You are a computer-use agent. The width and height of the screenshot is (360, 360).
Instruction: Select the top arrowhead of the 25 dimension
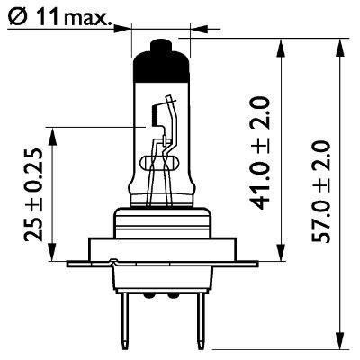[x=55, y=130]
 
